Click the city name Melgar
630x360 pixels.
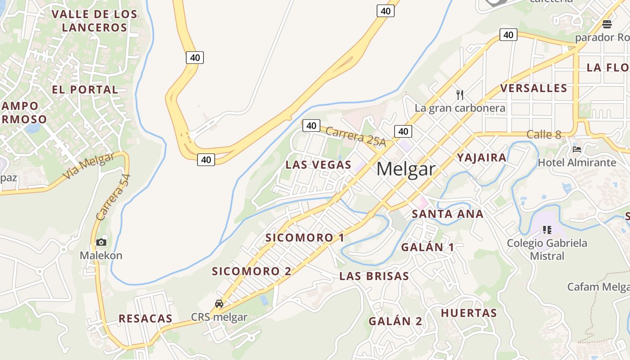[406, 169]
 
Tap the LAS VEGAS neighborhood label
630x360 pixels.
[318, 165]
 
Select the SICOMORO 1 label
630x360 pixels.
[305, 238]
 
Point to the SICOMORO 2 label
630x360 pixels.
[252, 271]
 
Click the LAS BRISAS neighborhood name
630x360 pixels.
[374, 276]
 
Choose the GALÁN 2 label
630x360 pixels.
[396, 321]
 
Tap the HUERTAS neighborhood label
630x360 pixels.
[468, 313]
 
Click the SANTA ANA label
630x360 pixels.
[448, 214]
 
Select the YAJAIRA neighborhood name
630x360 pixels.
[481, 157]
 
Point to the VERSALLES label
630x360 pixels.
[534, 88]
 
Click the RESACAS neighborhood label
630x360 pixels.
[145, 319]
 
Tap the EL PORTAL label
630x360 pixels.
[85, 90]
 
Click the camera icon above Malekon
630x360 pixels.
[101, 243]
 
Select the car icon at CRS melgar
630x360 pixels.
[219, 304]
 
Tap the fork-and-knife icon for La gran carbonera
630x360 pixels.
[459, 94]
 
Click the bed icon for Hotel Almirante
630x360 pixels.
[577, 149]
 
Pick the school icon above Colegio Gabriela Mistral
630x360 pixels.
[547, 230]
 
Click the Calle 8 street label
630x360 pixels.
[544, 134]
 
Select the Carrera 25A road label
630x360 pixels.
[355, 137]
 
